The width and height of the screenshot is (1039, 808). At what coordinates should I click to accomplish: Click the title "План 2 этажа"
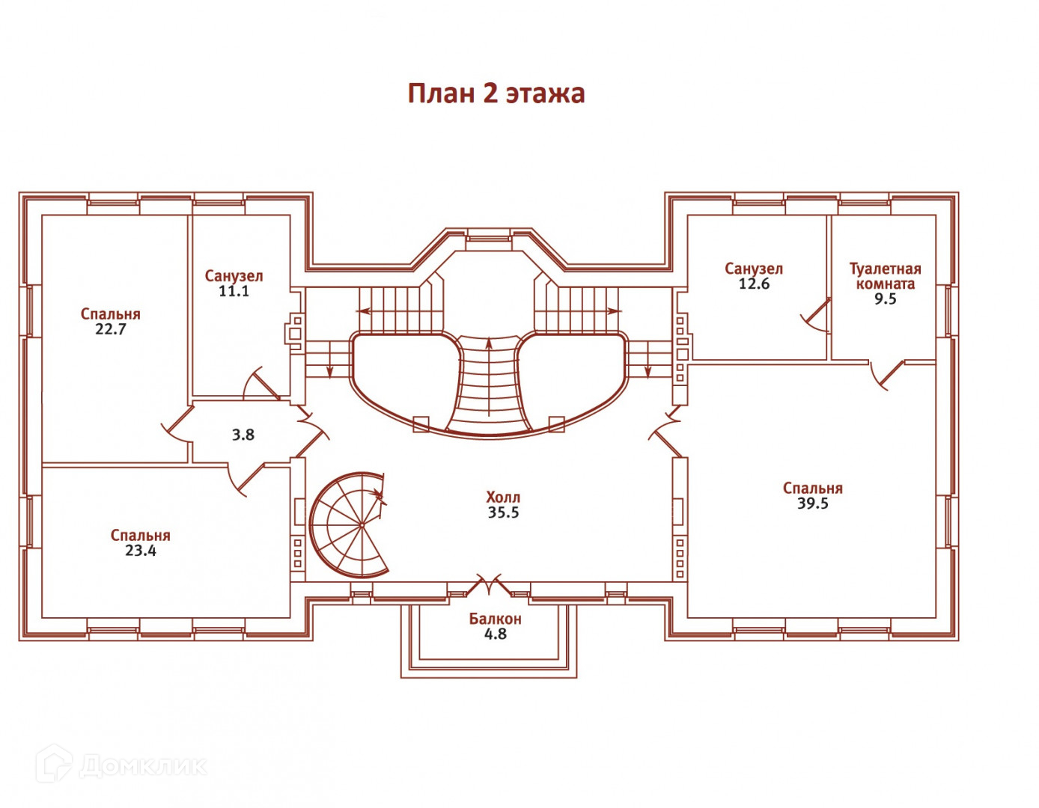(496, 94)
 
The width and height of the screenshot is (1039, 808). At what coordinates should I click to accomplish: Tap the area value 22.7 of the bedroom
(111, 330)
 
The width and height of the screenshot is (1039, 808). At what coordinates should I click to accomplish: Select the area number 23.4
(141, 551)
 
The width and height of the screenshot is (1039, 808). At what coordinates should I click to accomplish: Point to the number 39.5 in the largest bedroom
(813, 504)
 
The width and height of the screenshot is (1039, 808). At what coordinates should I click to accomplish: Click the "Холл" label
(503, 498)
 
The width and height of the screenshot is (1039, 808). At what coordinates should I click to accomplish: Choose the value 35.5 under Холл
(504, 512)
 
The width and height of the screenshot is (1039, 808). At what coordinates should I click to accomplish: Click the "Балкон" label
(496, 619)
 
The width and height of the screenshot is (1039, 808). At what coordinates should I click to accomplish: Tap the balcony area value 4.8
(496, 634)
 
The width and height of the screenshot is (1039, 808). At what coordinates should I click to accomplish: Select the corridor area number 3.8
(243, 435)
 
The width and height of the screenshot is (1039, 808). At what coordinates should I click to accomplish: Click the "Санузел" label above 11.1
(234, 276)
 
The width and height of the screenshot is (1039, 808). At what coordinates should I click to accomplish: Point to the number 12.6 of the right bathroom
(755, 284)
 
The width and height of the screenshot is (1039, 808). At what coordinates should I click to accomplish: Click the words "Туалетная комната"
(885, 276)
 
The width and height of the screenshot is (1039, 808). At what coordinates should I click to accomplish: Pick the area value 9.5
(886, 299)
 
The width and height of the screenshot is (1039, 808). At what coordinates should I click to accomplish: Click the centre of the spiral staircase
(362, 525)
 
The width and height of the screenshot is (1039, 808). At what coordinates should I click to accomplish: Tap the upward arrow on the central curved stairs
(489, 377)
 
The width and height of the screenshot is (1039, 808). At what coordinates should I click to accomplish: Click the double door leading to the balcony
(490, 585)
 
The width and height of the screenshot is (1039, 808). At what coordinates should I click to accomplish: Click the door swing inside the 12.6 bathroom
(817, 316)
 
